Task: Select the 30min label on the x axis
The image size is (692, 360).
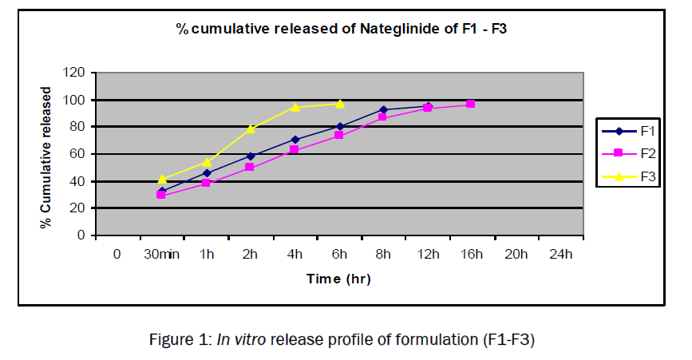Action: [x=161, y=255]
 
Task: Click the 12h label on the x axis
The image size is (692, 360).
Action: [x=428, y=255]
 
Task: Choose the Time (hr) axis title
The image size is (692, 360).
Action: [x=338, y=279]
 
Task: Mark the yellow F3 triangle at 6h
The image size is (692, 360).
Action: [x=340, y=104]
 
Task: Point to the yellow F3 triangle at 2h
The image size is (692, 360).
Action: [x=251, y=129]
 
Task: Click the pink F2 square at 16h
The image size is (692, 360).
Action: [x=471, y=105]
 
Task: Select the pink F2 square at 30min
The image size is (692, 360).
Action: [x=161, y=195]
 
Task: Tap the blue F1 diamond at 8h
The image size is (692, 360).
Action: [x=384, y=109]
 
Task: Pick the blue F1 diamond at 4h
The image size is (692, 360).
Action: [x=295, y=140]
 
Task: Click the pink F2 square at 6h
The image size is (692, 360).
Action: [x=339, y=135]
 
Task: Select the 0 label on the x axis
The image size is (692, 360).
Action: [x=117, y=255]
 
